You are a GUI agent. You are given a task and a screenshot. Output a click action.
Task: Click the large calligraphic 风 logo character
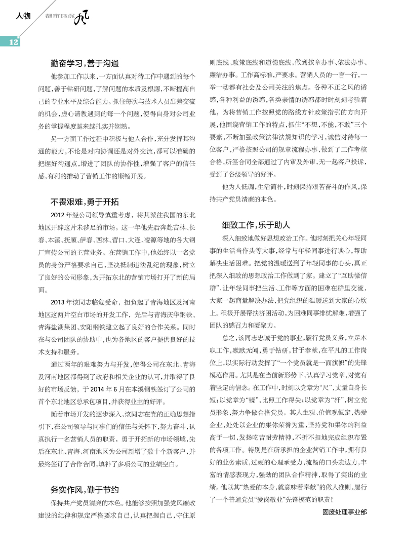(82, 19)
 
